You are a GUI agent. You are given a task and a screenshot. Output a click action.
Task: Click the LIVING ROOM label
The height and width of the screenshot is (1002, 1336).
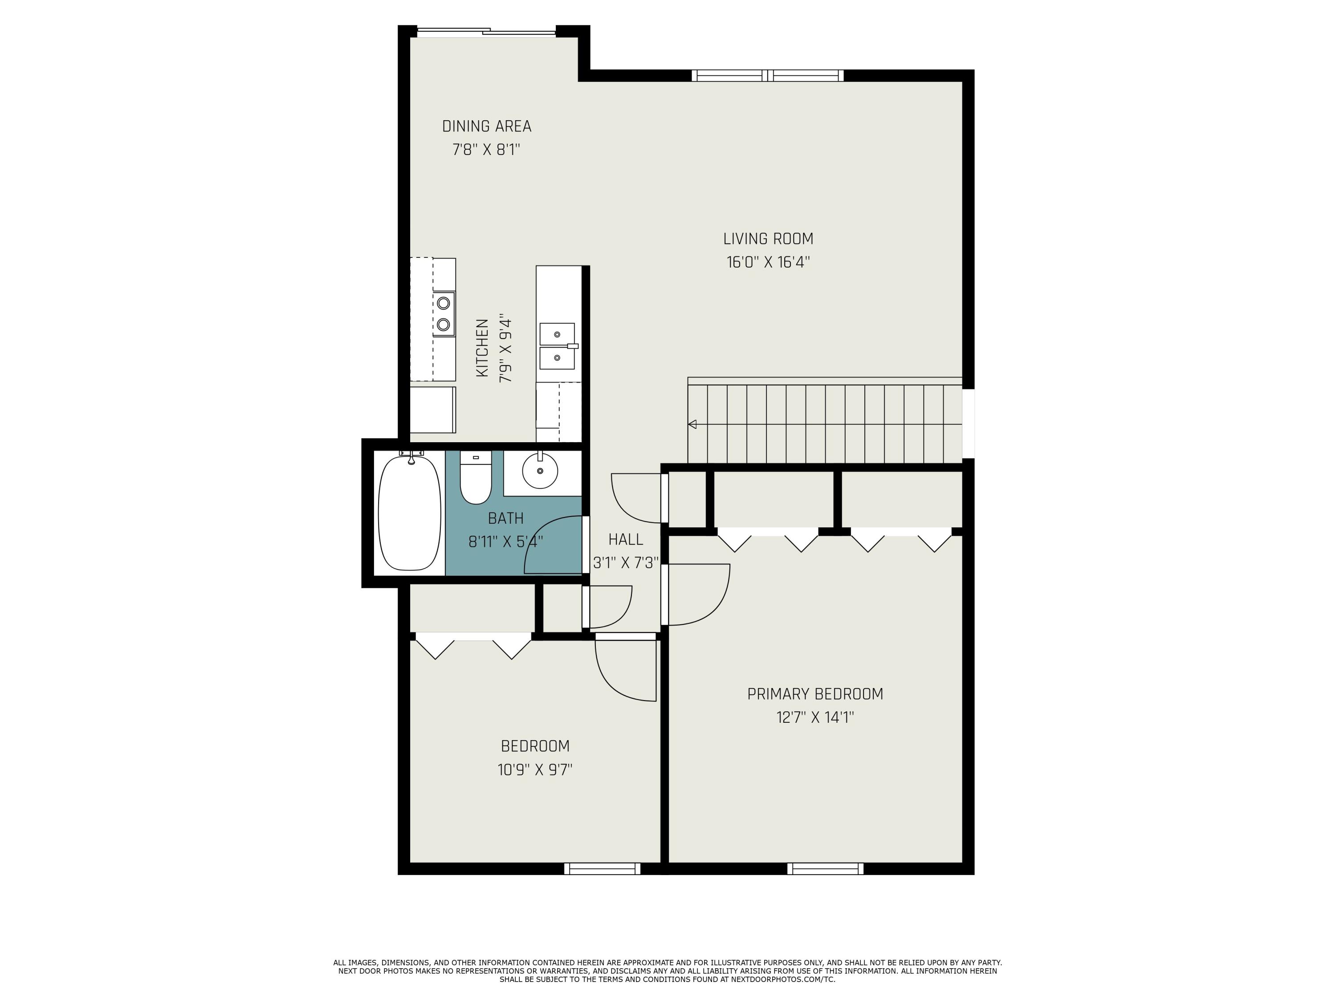pos(768,239)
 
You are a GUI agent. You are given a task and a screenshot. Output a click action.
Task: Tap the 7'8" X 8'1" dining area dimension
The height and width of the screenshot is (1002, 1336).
pos(486,150)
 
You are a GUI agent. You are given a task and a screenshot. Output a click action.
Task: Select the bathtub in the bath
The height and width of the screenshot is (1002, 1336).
pos(410,513)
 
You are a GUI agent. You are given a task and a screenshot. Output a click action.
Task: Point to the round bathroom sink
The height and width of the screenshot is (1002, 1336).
pos(539,471)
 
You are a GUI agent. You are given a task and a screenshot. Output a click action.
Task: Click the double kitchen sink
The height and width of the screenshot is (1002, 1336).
pos(557,346)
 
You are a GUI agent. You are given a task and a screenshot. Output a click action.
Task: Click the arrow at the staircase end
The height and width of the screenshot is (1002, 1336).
pos(692,424)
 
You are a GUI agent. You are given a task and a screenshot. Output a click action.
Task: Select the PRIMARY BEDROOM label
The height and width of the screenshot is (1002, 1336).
pos(815,694)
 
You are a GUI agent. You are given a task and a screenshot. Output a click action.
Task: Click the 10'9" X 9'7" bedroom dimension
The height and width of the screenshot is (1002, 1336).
pos(535,770)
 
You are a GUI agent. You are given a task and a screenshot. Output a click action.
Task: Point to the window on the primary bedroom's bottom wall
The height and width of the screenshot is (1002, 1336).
pos(825,868)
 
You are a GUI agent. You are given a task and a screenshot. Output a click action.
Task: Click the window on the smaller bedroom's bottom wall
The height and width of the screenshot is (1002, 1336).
pos(602,868)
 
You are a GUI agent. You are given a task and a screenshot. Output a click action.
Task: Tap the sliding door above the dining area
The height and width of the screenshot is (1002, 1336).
pos(486,32)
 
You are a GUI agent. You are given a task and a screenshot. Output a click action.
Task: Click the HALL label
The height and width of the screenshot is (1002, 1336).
pos(625,539)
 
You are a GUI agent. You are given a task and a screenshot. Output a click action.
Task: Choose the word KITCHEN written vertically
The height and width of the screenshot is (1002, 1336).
pos(482,349)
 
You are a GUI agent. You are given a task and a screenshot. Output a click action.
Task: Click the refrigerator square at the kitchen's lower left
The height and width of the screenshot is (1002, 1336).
pos(432,410)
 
